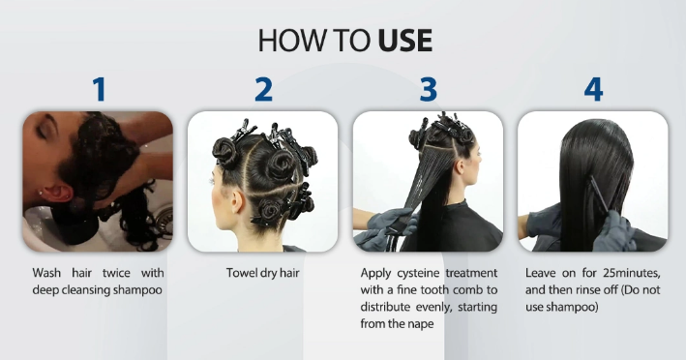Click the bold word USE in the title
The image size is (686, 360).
(405, 41)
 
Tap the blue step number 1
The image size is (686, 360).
(100, 89)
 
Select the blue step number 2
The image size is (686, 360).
(263, 89)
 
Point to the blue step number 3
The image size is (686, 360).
(429, 89)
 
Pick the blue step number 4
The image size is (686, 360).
(593, 89)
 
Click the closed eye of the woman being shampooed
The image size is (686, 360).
(42, 131)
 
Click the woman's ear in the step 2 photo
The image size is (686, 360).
(237, 201)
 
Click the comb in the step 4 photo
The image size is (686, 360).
(600, 195)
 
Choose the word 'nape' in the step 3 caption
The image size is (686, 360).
(422, 324)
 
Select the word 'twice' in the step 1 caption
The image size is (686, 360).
(116, 273)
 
